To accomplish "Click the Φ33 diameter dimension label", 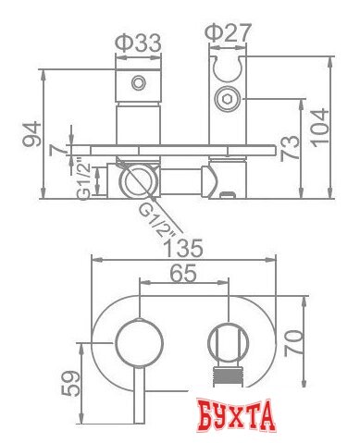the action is coord(138,43).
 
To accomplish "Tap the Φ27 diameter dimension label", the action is coord(229,32).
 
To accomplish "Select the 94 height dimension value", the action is coord(31,134).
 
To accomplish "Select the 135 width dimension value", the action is coord(184,248).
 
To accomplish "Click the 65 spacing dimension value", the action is coord(183,274).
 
